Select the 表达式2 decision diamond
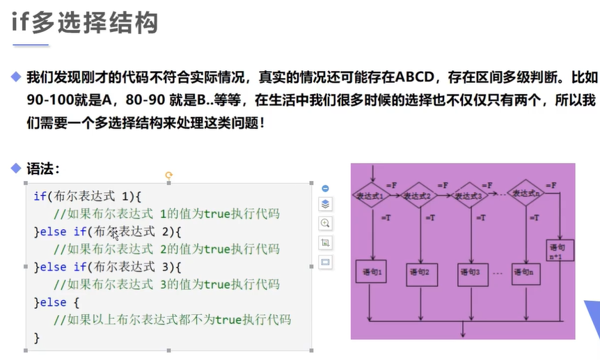coord(421,196)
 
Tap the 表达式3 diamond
coord(471,196)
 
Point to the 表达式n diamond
coord(527,194)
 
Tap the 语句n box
coord(526,272)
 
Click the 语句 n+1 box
coord(560,251)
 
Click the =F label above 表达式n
coord(551,185)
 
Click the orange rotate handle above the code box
coord(168,175)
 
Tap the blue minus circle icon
coord(325,188)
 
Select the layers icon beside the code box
coord(325,204)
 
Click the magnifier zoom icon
coord(325,223)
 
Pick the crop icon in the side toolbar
coord(325,242)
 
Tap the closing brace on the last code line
coord(37,338)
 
